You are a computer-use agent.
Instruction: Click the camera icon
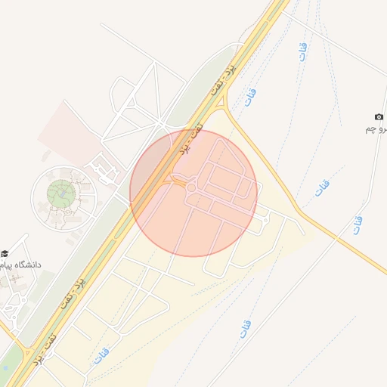(x=379, y=117)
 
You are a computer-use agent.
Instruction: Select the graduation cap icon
(x=5, y=253)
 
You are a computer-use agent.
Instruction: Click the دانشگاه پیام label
(x=24, y=265)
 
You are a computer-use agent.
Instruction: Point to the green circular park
(x=61, y=195)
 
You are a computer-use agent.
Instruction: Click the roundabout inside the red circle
(x=190, y=187)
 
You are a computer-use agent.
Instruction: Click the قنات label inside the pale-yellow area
(x=101, y=354)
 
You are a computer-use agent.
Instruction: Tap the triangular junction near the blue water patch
(x=27, y=352)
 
